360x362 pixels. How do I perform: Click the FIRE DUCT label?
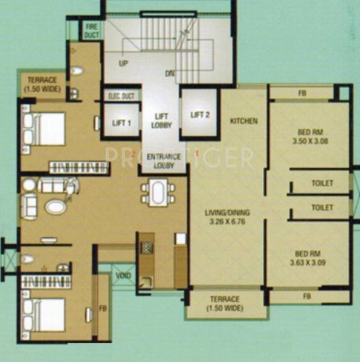(91, 31)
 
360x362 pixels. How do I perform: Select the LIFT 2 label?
(199, 115)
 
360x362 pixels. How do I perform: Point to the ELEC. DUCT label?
(121, 96)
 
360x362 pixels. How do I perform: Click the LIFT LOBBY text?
(161, 121)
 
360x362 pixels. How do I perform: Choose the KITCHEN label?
(244, 121)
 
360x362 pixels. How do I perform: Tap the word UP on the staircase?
(124, 63)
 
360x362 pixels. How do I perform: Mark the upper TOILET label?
(322, 183)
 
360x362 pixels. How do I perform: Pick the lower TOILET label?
(322, 208)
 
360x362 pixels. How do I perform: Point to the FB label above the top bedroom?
(301, 94)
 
